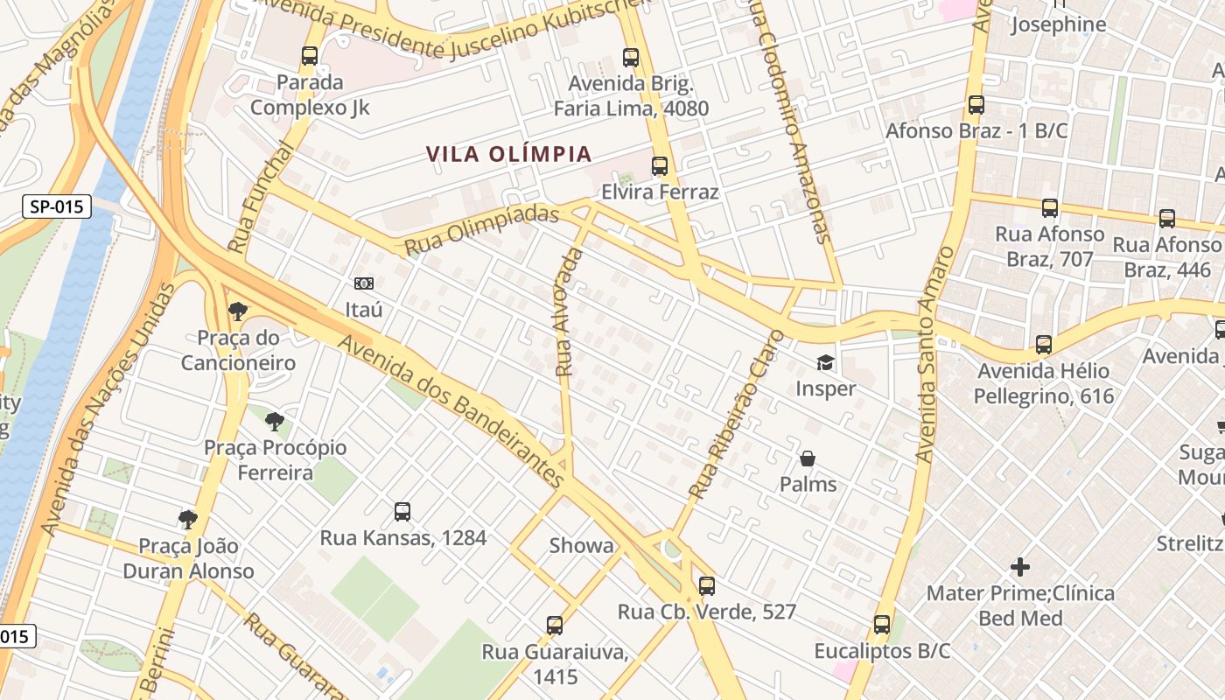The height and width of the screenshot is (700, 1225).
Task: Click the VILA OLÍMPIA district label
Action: click(508, 154)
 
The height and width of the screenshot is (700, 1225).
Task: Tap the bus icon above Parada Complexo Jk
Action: click(309, 57)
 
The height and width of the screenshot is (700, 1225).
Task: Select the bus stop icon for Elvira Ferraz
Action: click(660, 166)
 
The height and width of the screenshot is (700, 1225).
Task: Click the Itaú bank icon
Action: click(363, 283)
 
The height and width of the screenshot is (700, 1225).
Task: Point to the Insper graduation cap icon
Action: click(825, 362)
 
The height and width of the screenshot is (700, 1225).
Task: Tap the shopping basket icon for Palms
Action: click(808, 458)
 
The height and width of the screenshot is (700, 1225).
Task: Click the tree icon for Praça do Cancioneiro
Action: click(237, 311)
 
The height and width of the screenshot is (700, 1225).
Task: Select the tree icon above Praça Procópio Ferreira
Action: click(275, 422)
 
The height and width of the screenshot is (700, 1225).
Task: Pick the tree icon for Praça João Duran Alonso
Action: click(188, 520)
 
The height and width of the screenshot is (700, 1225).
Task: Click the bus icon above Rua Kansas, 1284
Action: click(402, 512)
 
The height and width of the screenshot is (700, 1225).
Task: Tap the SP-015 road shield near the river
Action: click(57, 206)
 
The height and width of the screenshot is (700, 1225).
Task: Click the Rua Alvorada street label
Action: click(569, 312)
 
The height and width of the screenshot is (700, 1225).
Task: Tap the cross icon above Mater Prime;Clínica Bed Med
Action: click(1020, 567)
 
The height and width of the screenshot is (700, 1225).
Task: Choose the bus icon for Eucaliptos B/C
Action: click(882, 625)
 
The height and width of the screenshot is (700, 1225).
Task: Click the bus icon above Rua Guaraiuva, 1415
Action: click(555, 626)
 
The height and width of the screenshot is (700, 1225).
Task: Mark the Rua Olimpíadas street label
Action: click(482, 230)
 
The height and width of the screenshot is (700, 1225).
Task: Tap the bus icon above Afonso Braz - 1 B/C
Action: click(976, 105)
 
